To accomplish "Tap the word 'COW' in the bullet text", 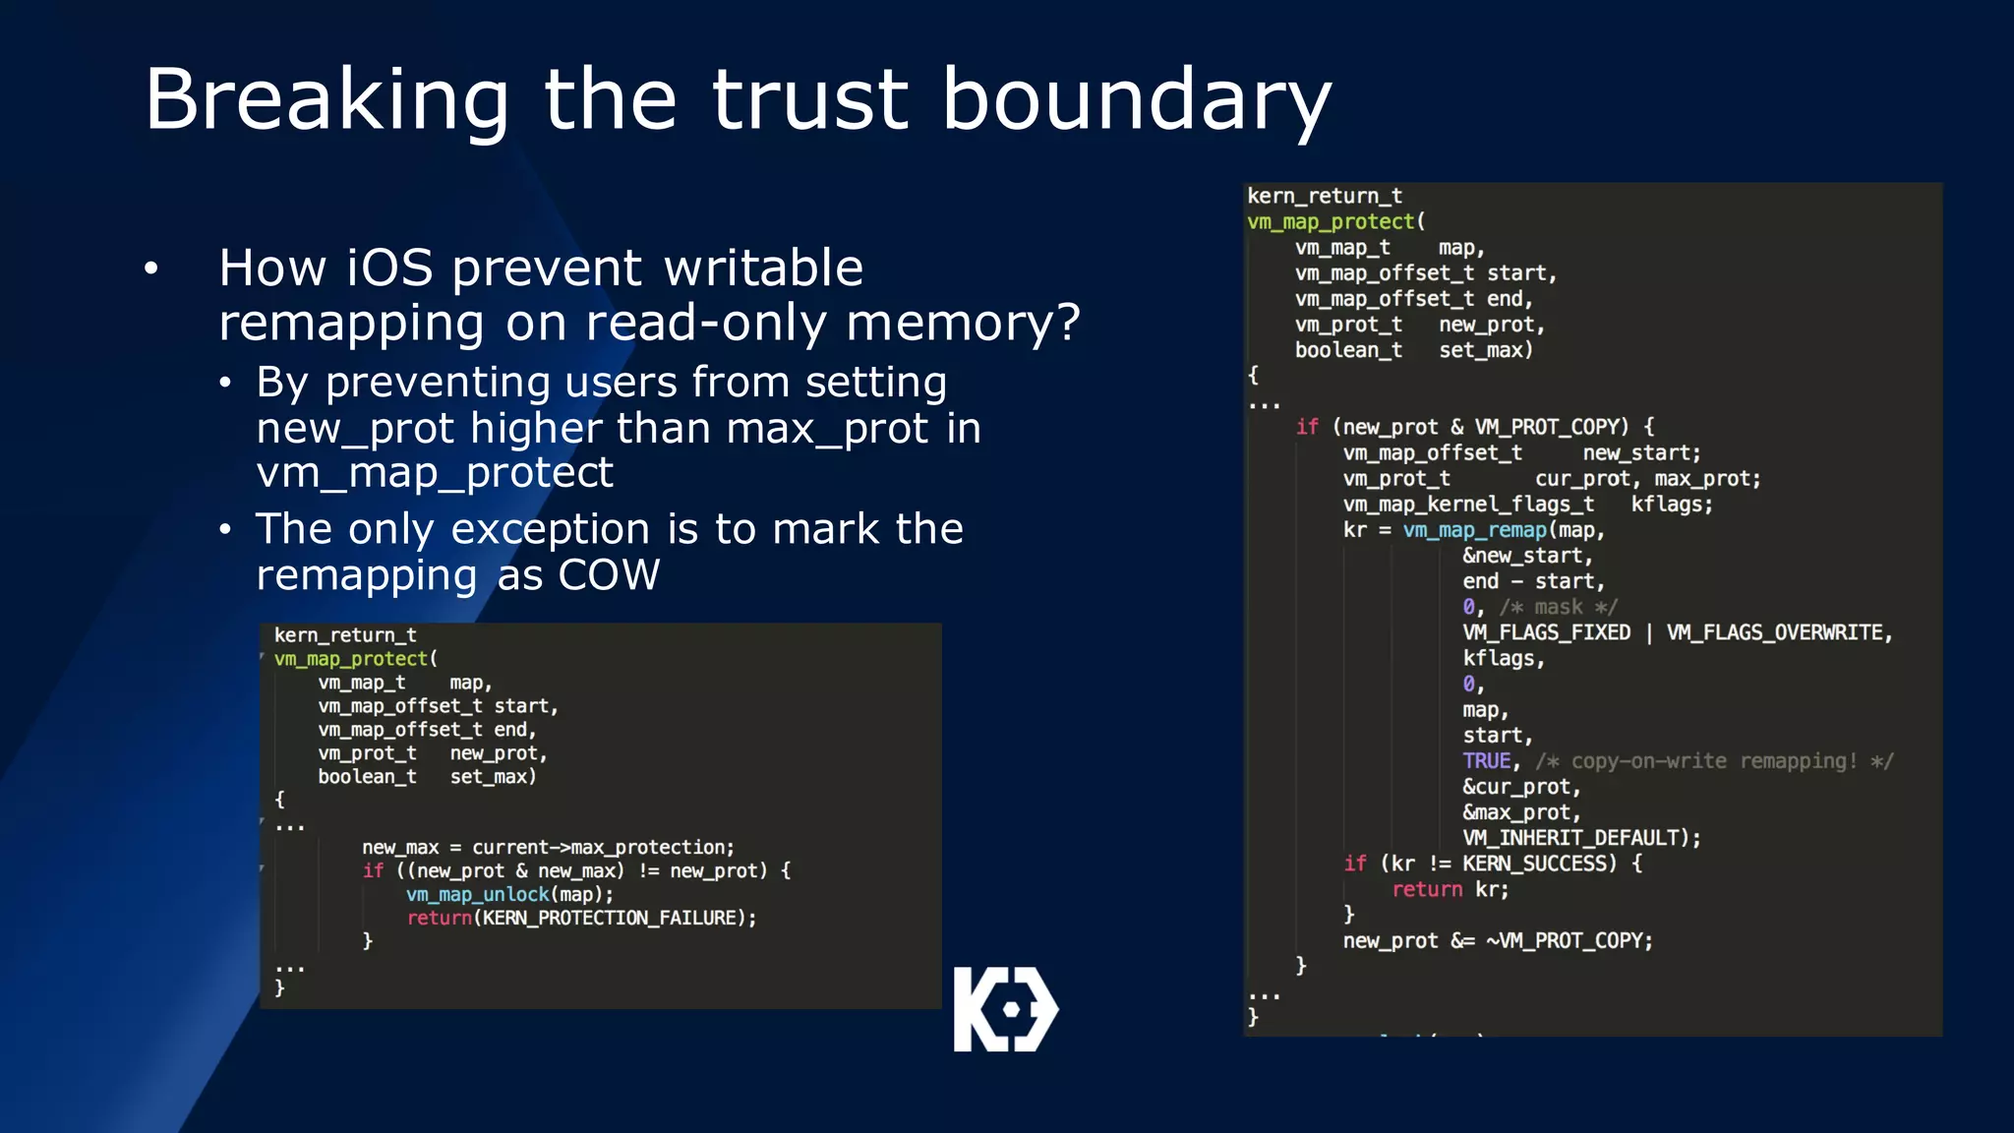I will (x=609, y=575).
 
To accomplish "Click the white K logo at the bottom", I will (x=1005, y=1009).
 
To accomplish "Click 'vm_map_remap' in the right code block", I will (x=1474, y=530).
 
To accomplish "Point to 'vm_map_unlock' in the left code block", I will (x=477, y=894).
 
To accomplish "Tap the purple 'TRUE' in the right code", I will (x=1486, y=761).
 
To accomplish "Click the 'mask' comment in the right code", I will (x=1559, y=607).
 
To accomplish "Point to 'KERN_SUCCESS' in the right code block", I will (x=1538, y=864).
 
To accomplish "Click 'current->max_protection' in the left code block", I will (x=601, y=847).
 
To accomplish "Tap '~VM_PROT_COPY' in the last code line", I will (x=1568, y=940).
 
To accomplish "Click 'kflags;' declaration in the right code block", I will (x=1671, y=505).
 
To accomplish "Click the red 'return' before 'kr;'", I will (x=1426, y=889).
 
